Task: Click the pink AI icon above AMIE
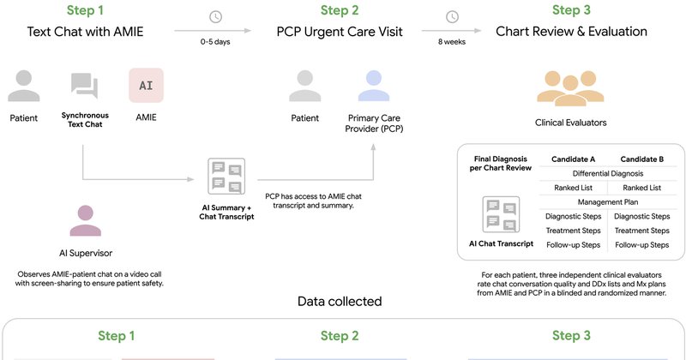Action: [146, 86]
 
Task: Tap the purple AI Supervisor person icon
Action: [85, 221]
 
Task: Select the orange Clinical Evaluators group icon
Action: [570, 88]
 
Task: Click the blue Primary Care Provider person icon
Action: [374, 86]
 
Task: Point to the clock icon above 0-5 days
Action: [216, 17]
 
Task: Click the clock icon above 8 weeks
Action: [452, 17]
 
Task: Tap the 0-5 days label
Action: [215, 42]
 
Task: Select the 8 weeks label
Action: [452, 42]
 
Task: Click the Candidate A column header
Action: [573, 159]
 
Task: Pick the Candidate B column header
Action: [641, 159]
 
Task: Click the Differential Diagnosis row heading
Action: [608, 174]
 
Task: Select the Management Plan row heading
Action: [608, 202]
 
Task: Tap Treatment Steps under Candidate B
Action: [641, 231]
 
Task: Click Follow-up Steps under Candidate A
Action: [573, 245]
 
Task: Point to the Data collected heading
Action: [340, 302]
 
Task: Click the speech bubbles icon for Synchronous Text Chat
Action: [84, 86]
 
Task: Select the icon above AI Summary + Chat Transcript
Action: [226, 177]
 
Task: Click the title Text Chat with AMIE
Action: [85, 32]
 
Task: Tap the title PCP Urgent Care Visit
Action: [340, 32]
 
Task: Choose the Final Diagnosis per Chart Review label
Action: [501, 163]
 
